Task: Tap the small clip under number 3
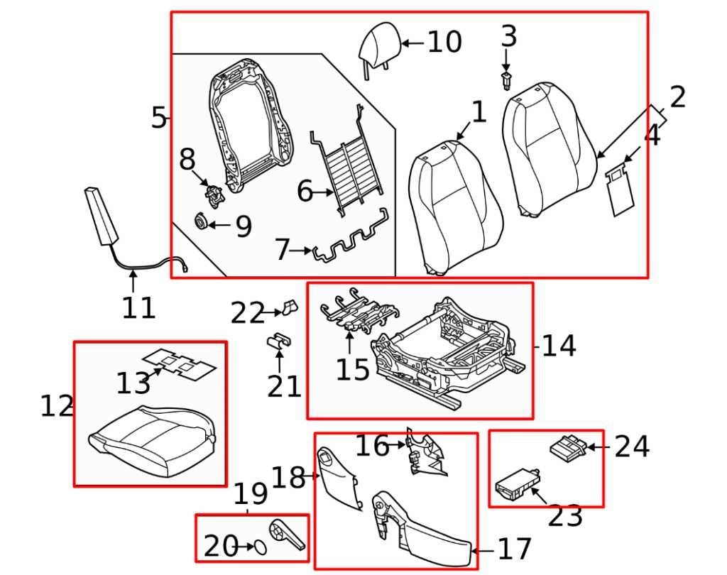point(505,80)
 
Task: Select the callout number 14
point(559,346)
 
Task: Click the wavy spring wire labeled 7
point(352,244)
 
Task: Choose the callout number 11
point(138,308)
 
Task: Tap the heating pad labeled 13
point(178,363)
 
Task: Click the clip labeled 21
point(279,341)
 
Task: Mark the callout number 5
point(158,118)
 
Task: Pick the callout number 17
point(515,549)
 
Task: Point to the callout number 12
point(57,407)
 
